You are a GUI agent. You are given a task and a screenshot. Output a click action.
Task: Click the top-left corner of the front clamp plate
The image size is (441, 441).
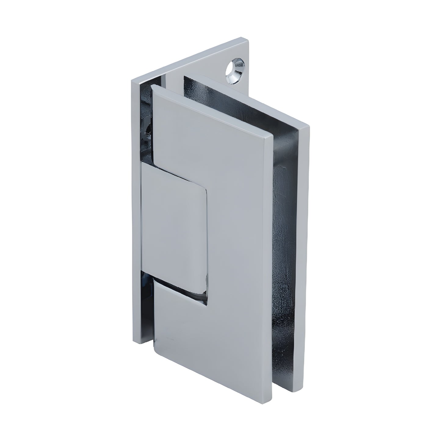click(152, 87)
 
